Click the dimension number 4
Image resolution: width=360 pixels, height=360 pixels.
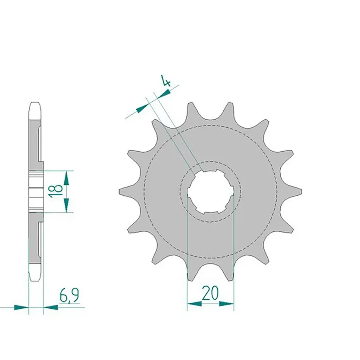pyautogui.click(x=166, y=81)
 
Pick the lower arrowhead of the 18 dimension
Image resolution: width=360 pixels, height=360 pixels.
pyautogui.click(x=66, y=205)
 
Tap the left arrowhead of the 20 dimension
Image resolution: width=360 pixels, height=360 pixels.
pyautogui.click(x=194, y=304)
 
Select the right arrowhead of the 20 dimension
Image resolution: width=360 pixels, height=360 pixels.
pyautogui.click(x=227, y=304)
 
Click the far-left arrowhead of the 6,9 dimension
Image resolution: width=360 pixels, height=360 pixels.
pyautogui.click(x=22, y=307)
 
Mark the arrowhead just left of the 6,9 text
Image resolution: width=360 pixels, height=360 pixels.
pyautogui.click(x=51, y=307)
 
